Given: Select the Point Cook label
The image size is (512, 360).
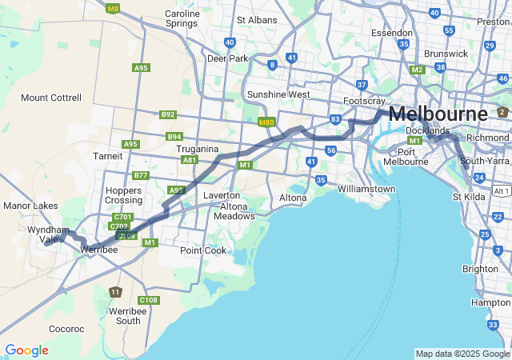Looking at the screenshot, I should (x=203, y=250).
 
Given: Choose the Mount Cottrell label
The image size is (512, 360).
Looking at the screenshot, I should (x=51, y=98).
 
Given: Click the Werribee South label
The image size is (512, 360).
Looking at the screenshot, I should (x=128, y=315).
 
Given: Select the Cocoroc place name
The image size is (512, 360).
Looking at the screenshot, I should (x=66, y=329).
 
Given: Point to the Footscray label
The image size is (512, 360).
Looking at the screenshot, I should (x=364, y=102).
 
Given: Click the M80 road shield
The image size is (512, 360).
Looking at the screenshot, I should (x=267, y=122).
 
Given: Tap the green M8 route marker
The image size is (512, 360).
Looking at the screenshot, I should (x=113, y=9).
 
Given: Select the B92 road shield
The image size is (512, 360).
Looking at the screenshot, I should (x=167, y=114).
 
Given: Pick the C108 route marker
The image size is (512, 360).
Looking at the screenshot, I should (x=148, y=300).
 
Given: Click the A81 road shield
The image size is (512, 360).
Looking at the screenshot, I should (x=190, y=160).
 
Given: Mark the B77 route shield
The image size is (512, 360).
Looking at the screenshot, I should (x=141, y=175).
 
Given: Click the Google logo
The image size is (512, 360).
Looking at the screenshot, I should (x=26, y=350).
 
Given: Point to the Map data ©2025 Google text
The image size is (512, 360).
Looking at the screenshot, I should (x=462, y=354).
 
